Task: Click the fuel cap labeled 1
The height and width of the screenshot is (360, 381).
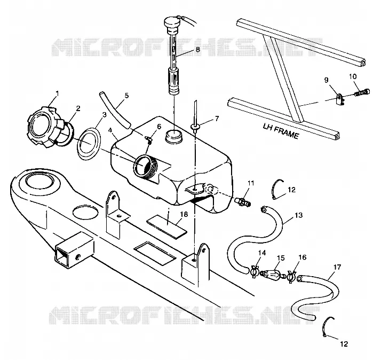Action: point(44,127)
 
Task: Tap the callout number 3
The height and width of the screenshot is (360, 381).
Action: point(104,115)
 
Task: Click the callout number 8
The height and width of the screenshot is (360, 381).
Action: point(198,50)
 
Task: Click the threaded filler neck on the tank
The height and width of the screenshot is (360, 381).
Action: point(146,166)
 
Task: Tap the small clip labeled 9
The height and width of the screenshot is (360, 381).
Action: point(340,99)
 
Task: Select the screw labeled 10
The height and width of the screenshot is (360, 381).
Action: point(362,92)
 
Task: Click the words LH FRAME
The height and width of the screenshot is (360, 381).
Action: point(281,131)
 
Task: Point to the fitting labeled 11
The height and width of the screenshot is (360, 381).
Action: point(242,202)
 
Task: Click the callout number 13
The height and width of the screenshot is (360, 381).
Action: point(299,215)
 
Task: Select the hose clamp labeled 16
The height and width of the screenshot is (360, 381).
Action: point(291,277)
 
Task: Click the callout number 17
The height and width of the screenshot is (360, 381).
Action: point(337,267)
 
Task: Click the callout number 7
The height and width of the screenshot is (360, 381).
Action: point(217,119)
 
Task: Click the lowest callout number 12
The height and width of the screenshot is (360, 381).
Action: point(344,344)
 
